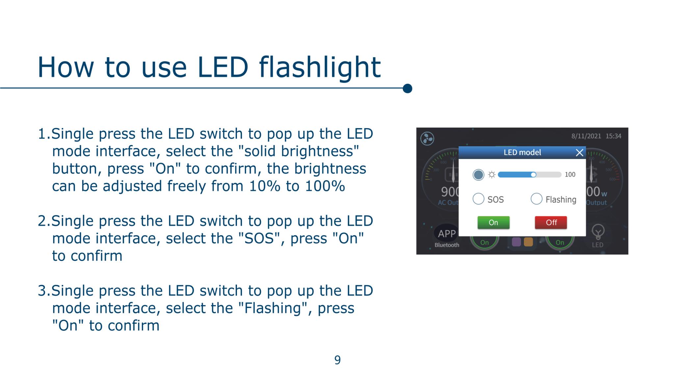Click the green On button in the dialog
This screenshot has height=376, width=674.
493,223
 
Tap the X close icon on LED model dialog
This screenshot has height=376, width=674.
580,153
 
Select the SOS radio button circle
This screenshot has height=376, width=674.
478,199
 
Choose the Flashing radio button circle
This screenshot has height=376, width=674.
536,199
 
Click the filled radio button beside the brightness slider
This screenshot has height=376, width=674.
478,175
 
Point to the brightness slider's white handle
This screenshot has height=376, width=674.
533,175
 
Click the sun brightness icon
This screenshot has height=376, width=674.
491,175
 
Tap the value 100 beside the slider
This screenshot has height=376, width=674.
570,175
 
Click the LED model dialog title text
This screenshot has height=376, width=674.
522,153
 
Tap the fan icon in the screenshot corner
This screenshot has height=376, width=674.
427,139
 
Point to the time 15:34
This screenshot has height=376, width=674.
613,136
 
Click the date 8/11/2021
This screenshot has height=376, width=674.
586,136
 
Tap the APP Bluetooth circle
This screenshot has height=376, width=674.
447,234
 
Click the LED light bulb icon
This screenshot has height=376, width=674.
598,231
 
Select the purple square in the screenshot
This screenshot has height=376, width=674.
516,242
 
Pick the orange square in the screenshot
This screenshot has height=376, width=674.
528,242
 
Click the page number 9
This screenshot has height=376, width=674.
337,360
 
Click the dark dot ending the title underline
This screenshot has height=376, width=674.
407,88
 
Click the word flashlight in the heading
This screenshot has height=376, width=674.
320,67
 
